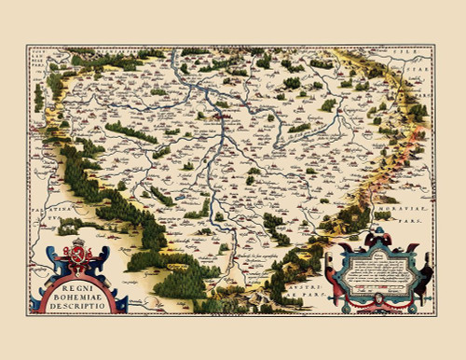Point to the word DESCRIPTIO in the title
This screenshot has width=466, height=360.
pyautogui.click(x=78, y=303)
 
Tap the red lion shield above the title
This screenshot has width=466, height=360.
pyautogui.click(x=78, y=257)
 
